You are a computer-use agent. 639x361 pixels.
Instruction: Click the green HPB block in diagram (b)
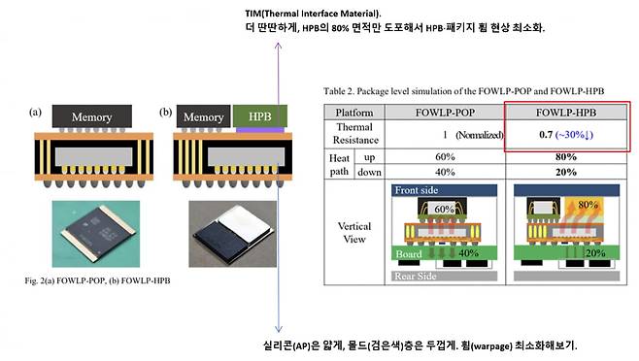pos(257,116)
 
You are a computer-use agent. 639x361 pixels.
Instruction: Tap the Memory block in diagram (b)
pos(204,116)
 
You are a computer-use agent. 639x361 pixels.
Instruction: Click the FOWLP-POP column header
pos(446,112)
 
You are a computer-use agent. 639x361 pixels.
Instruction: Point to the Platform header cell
pos(355,112)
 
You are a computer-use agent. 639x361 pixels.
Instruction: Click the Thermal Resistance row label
pos(355,134)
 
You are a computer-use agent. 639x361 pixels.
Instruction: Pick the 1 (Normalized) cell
pos(446,134)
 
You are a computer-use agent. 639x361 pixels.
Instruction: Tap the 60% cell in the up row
pos(446,156)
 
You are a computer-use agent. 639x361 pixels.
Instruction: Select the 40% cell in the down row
pos(446,172)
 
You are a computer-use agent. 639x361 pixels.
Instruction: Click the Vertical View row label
pos(355,232)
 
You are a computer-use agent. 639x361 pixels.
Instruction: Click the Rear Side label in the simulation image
pos(415,277)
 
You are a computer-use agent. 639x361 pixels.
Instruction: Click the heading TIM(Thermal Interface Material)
pos(313,11)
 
